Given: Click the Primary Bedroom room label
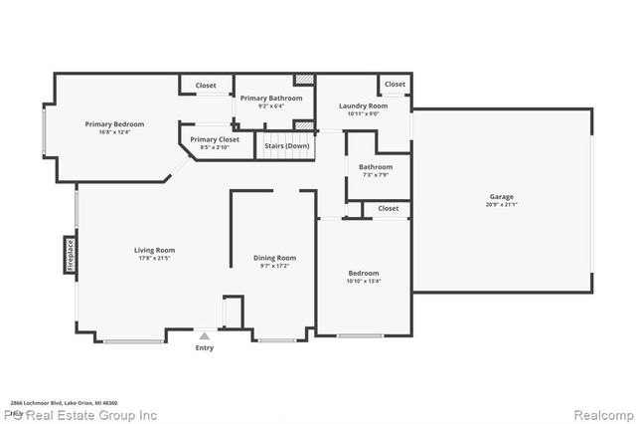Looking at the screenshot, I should tap(114, 124).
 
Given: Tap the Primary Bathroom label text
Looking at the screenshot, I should tap(271, 99).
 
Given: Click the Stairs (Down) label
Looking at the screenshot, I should tap(287, 145).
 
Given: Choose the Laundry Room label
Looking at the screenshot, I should tap(363, 106).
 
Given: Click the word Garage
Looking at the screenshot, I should tap(502, 197).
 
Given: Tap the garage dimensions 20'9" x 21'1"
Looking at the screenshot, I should tap(502, 205).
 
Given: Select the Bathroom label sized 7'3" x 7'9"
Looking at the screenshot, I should tap(376, 167).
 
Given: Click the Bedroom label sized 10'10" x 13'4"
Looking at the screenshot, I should tap(363, 273).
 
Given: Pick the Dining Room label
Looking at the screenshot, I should tap(274, 258).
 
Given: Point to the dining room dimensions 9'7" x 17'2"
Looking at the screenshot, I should tap(274, 266).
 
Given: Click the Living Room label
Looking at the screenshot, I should tap(155, 250).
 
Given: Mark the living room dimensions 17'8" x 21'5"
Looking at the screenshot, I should tap(155, 258).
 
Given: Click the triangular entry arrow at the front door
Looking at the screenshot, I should tap(204, 336).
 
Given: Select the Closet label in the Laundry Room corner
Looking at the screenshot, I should tap(395, 85).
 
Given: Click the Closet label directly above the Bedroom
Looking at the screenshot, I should tap(388, 208).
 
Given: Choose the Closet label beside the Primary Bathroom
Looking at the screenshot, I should tap(206, 86).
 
